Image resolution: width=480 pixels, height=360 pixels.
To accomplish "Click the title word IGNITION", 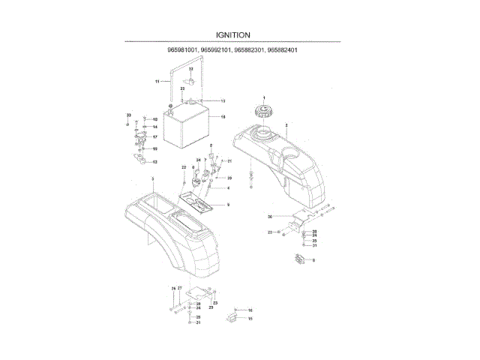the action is (x=232, y=34).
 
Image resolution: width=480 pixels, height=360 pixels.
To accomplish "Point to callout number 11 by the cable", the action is (x=157, y=80).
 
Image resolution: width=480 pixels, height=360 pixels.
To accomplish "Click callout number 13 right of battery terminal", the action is (x=223, y=100).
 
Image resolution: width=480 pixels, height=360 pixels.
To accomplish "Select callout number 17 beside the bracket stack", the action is (x=154, y=137).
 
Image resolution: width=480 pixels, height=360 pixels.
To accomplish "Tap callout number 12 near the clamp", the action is (x=154, y=162).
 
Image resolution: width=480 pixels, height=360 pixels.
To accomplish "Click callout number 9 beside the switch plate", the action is (x=227, y=205).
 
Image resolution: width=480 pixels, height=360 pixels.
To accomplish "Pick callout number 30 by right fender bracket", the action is (x=268, y=216).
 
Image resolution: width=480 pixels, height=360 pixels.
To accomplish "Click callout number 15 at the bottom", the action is (x=250, y=319).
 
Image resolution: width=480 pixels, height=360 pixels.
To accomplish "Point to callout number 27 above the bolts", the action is (x=180, y=288).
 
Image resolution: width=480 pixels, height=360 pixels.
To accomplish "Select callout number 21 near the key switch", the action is (x=229, y=161).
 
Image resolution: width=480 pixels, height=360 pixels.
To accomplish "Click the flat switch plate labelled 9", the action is (x=199, y=200).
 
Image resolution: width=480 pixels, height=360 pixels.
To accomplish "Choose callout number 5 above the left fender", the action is (x=151, y=178).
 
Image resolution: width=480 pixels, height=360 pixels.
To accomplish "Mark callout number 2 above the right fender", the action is (x=286, y=124).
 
